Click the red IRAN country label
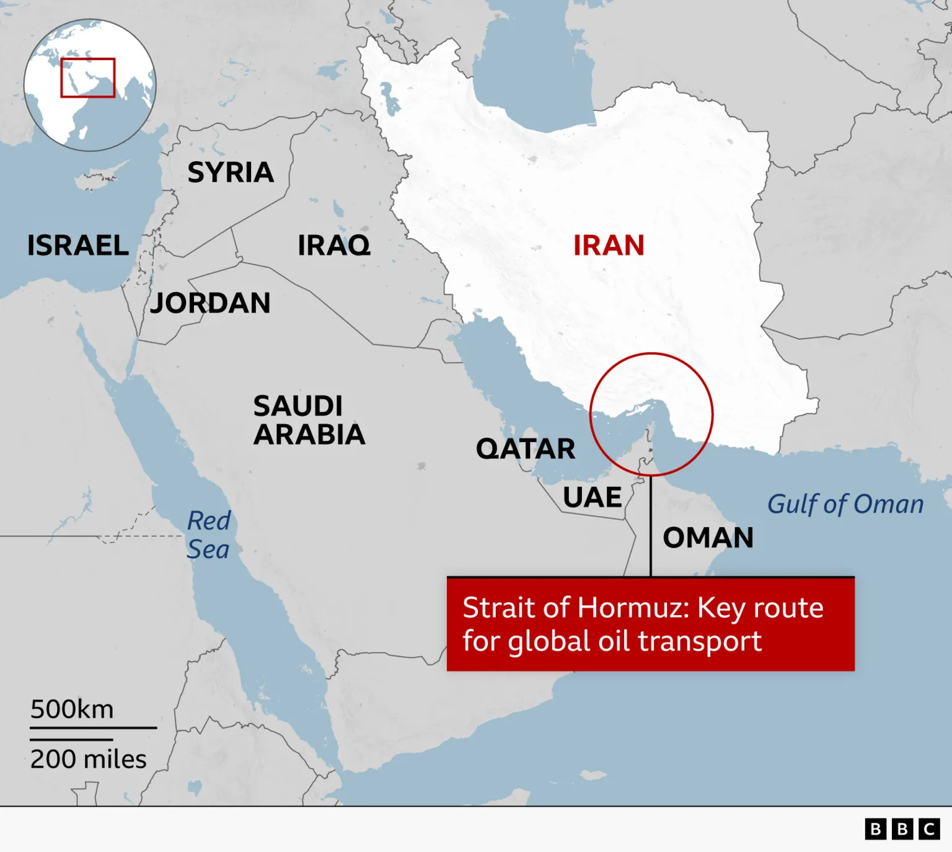(609, 246)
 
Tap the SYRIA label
(231, 172)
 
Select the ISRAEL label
(78, 246)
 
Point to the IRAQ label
(334, 246)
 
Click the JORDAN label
(211, 303)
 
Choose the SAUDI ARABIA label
(309, 420)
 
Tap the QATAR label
(526, 449)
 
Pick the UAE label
(592, 497)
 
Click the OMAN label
(708, 538)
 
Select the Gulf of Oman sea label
(845, 505)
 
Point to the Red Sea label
(209, 535)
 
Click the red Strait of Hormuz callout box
(651, 624)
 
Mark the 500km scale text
(72, 709)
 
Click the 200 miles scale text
(88, 760)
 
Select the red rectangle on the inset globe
(88, 78)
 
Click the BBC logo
(902, 829)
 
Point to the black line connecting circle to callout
(651, 527)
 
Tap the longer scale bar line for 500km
(93, 727)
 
